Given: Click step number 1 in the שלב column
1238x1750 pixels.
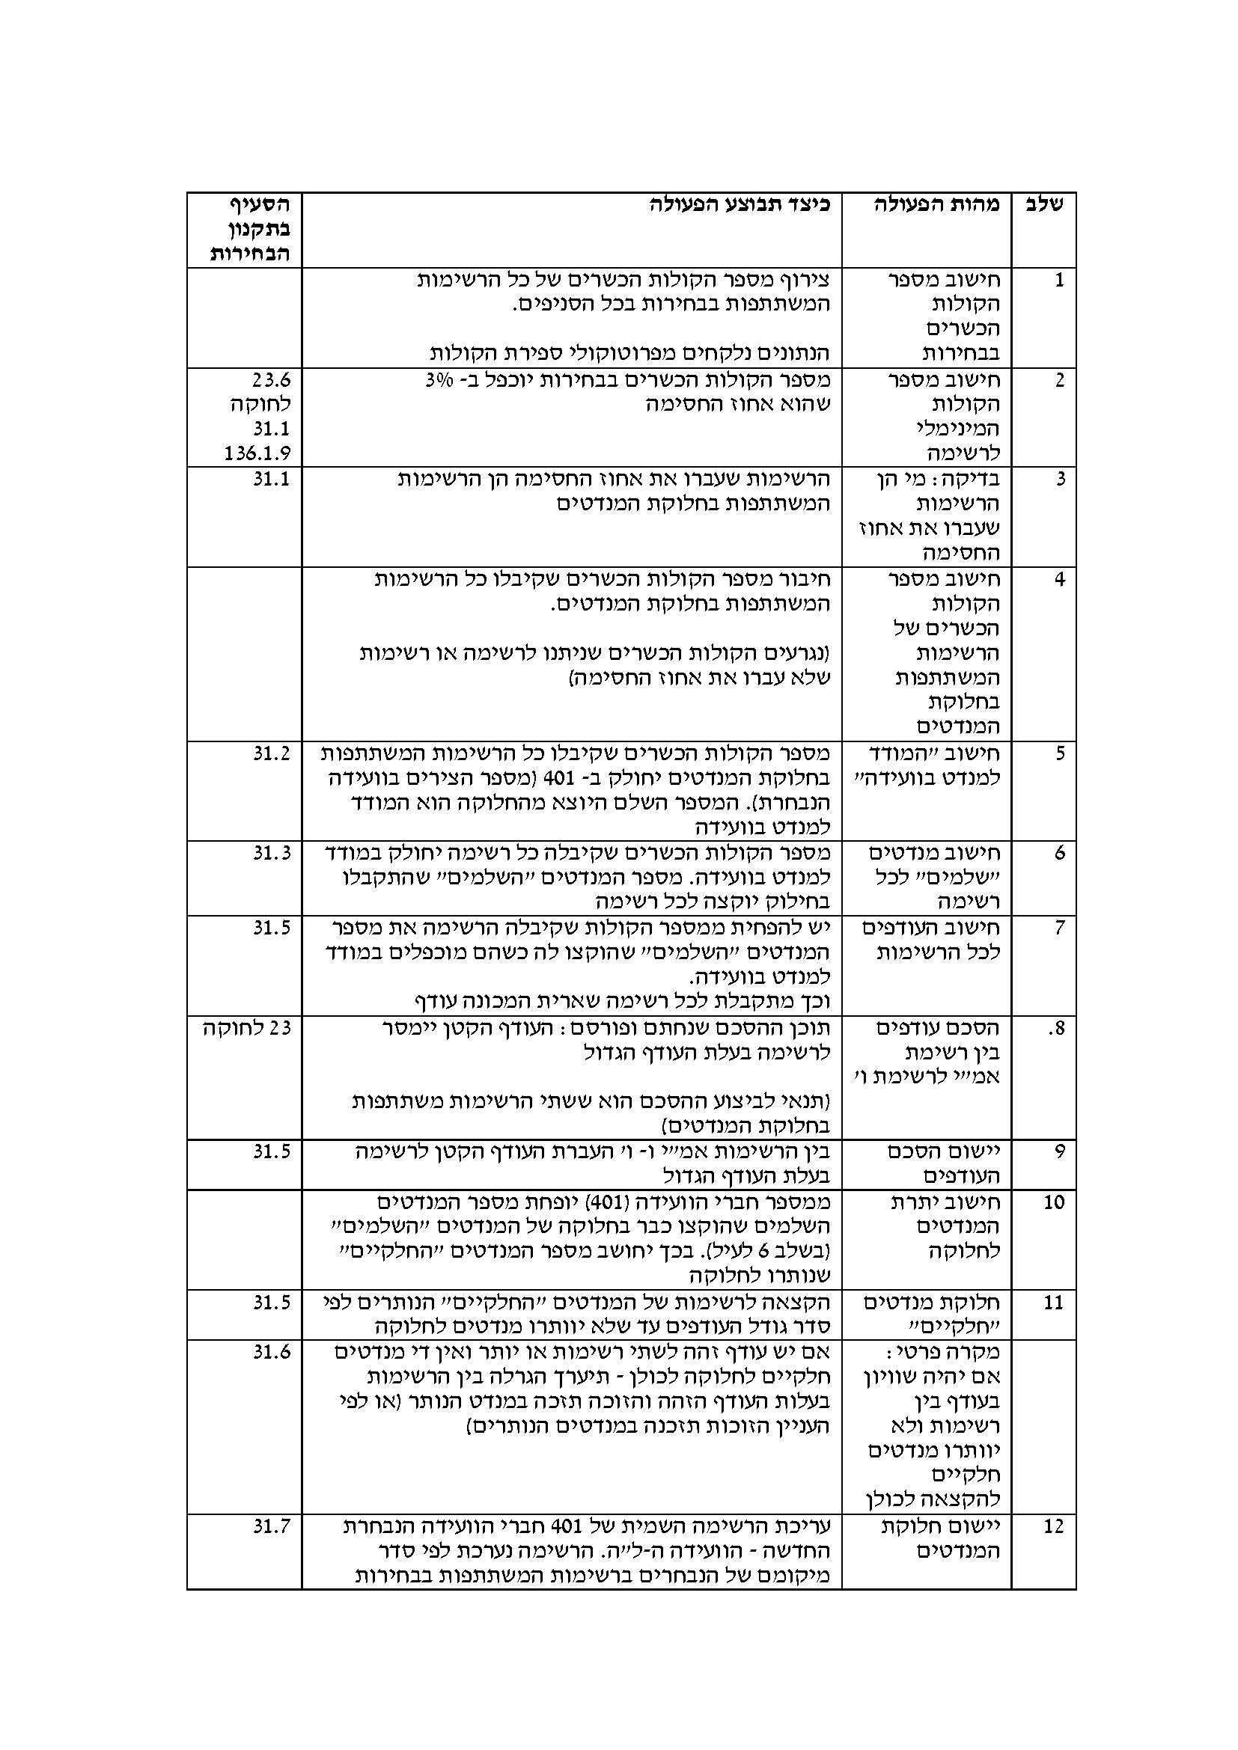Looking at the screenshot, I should coord(1058,281).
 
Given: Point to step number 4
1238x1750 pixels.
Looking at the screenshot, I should coord(1058,580).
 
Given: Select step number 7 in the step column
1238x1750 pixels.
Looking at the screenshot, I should coord(1058,928).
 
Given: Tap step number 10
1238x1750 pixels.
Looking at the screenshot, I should coord(1054,1203).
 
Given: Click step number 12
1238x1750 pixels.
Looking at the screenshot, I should coord(1054,1528).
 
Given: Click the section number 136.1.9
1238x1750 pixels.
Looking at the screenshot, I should coord(257,453).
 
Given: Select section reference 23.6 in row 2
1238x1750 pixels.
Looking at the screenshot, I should coord(272,379).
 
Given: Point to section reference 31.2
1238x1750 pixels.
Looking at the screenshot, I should coord(272,754).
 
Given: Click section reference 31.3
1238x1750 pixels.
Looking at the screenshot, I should coord(272,853).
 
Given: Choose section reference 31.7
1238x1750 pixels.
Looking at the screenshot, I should coord(272,1527).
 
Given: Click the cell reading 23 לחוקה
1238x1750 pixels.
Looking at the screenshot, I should coord(247,1028).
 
